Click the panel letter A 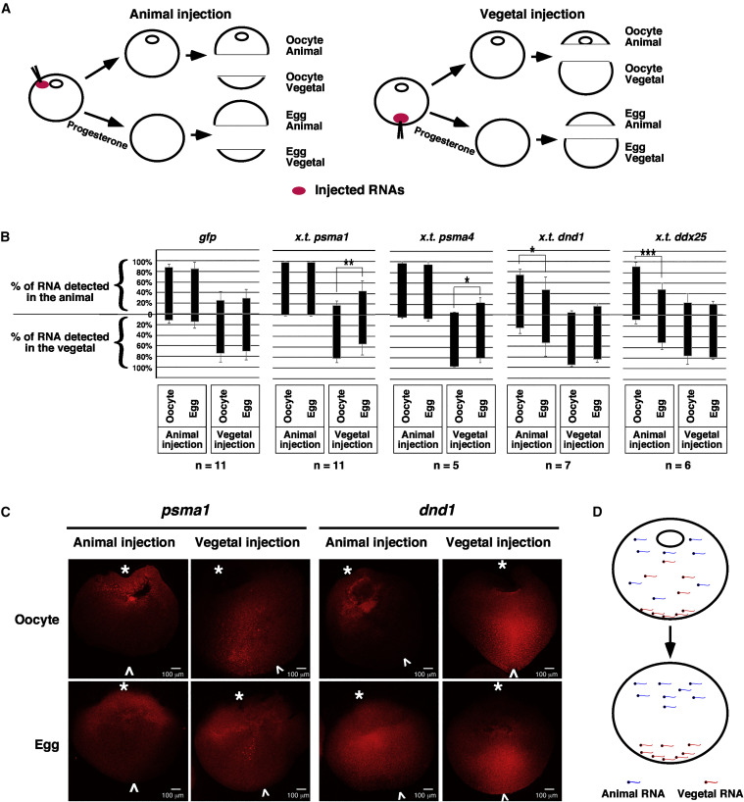coord(8,10)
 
